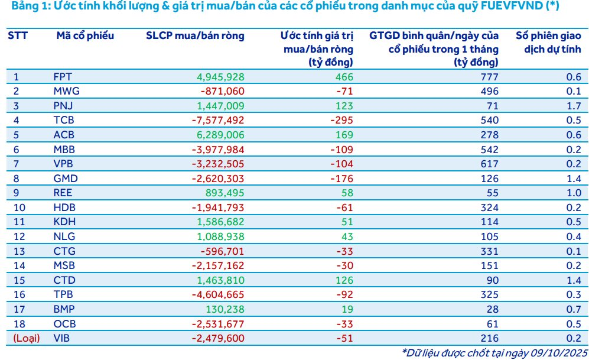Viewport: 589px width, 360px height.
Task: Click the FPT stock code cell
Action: (x=62, y=77)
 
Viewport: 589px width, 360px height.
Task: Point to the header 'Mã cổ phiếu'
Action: (x=85, y=35)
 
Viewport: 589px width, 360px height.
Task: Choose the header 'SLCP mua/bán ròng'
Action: (x=195, y=35)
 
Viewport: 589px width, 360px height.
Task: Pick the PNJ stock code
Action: (x=62, y=106)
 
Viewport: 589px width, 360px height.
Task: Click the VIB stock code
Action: (x=61, y=338)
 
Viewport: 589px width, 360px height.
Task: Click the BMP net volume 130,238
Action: (x=225, y=309)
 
